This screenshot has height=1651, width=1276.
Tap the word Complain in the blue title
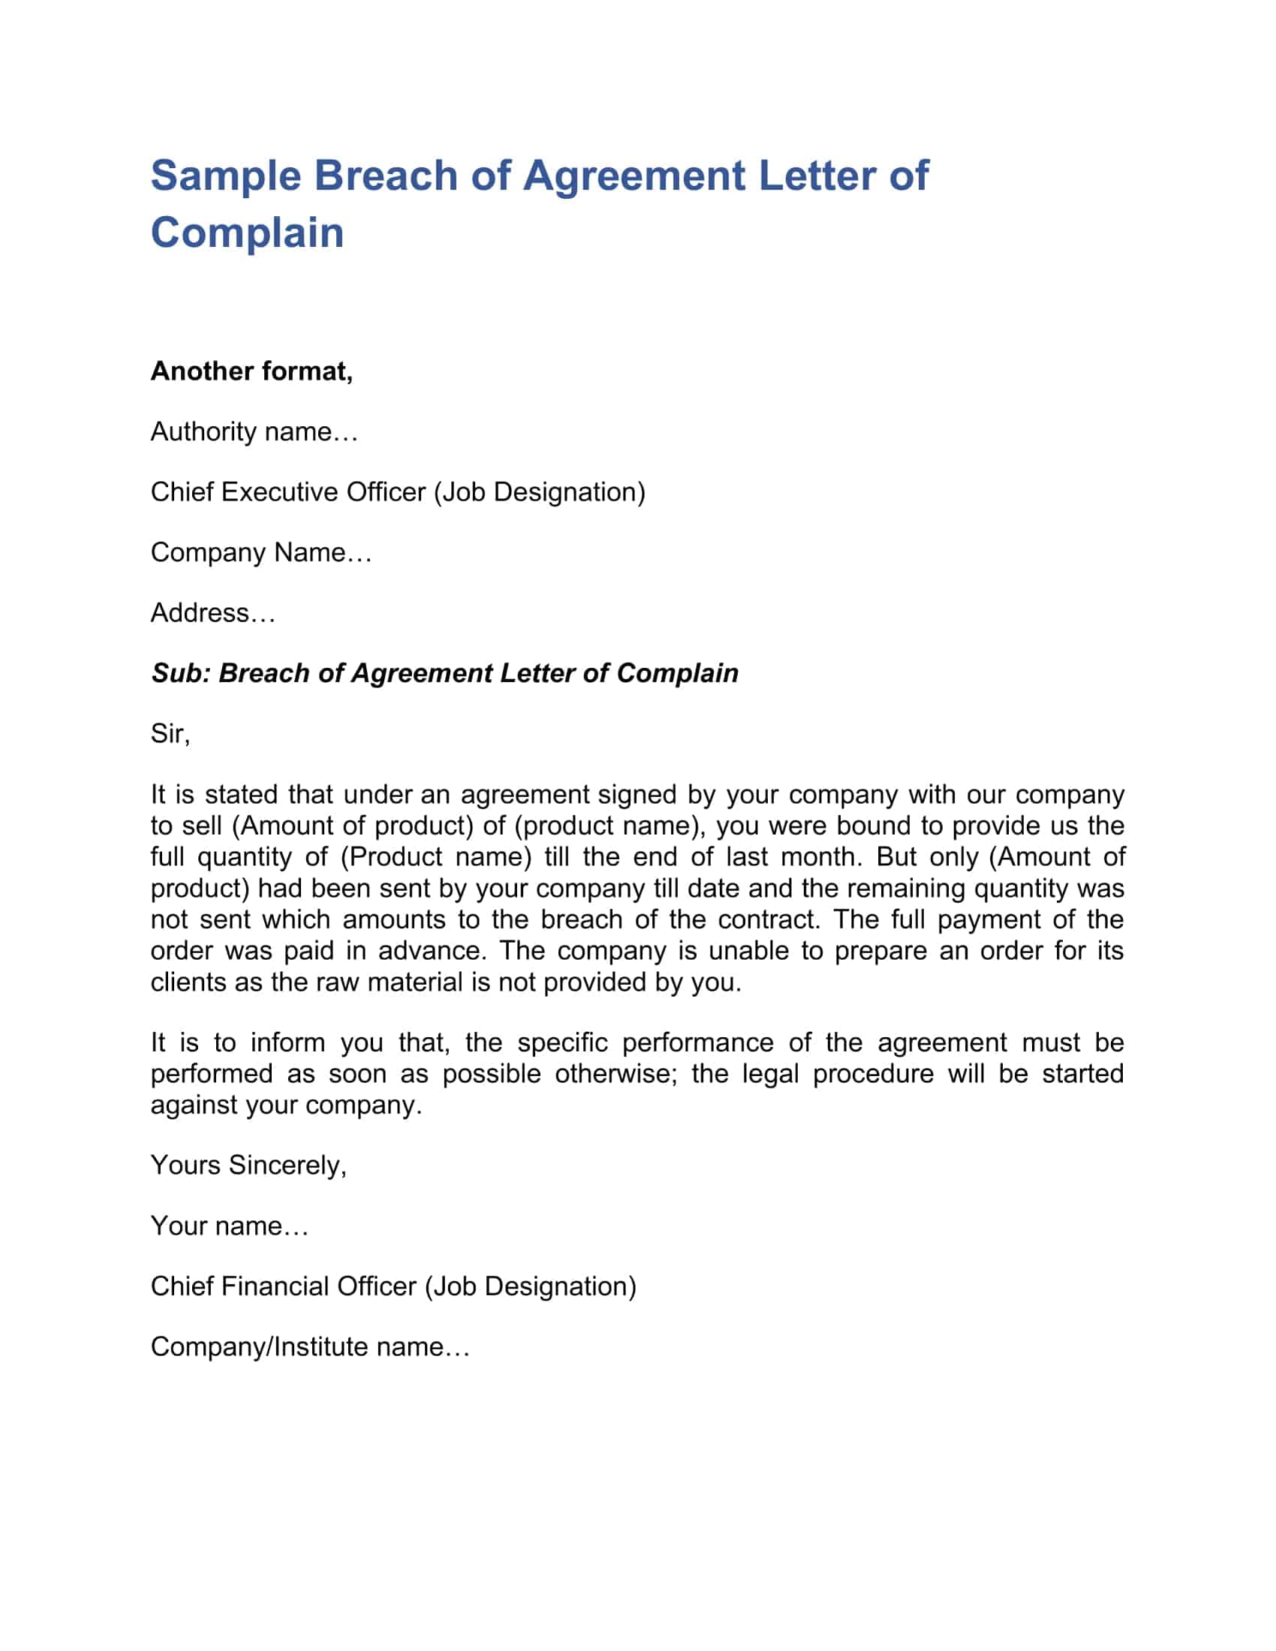247,233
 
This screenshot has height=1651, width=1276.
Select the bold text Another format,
251,371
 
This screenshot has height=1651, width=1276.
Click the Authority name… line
254,432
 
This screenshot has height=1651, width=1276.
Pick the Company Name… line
260,552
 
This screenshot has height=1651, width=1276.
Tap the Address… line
212,613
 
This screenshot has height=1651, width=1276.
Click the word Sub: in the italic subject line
181,674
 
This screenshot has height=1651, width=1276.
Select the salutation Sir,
170,734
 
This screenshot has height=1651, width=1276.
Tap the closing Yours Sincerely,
248,1165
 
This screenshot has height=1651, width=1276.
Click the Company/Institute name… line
310,1347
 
